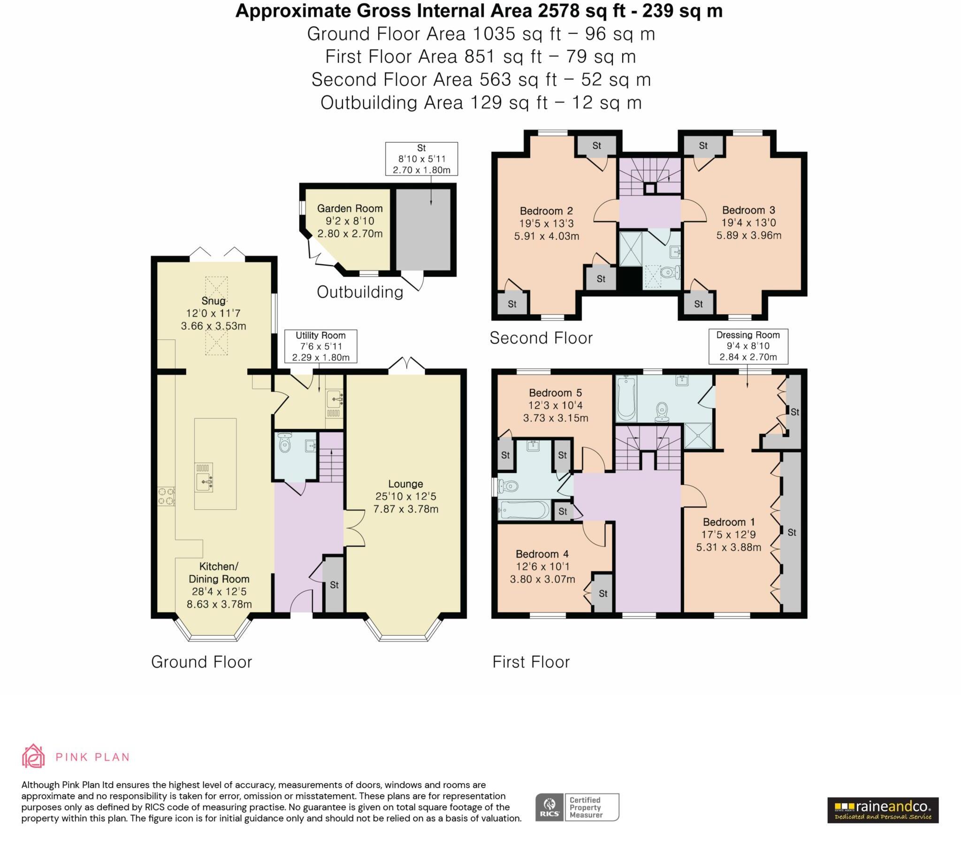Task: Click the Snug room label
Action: [214, 300]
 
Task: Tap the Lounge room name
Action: [405, 484]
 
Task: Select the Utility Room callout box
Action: [320, 346]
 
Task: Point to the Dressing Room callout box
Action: [748, 346]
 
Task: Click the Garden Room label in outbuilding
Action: [350, 208]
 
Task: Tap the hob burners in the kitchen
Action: [166, 496]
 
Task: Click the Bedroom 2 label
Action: [546, 211]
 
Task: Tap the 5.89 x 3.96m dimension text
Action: [748, 235]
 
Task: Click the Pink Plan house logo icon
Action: [33, 757]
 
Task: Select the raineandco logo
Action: [883, 810]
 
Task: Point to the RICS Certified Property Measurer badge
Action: [577, 807]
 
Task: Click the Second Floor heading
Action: [541, 338]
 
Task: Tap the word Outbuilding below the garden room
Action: [359, 292]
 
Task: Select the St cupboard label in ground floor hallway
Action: [334, 585]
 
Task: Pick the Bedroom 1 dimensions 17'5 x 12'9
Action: [728, 535]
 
